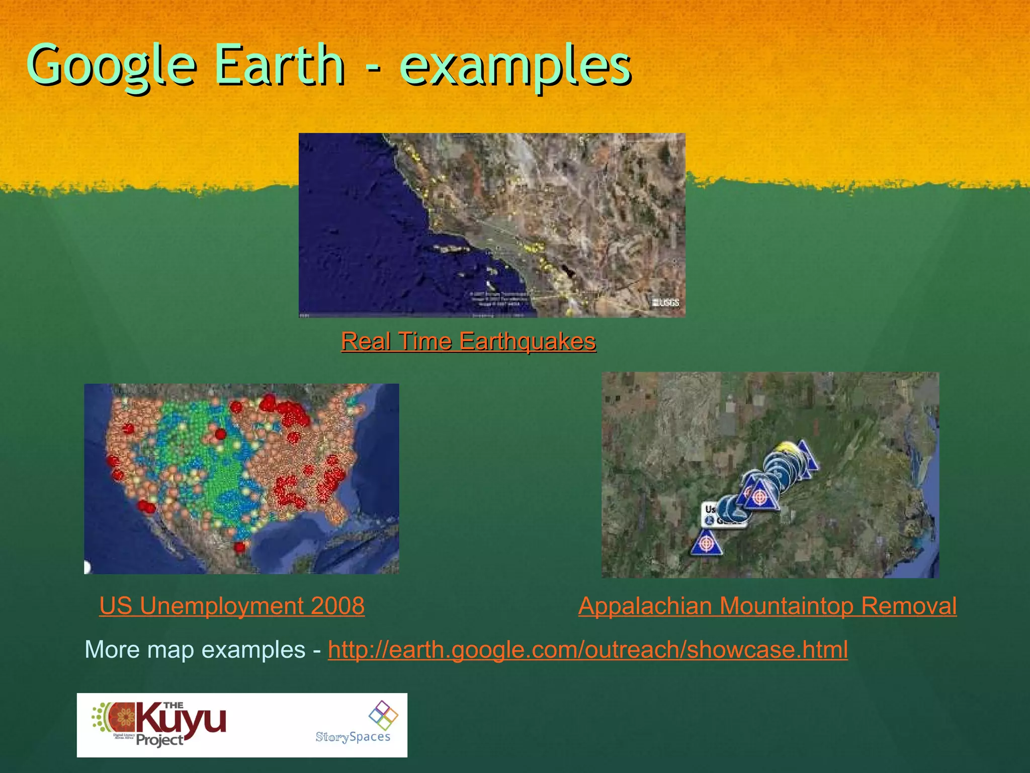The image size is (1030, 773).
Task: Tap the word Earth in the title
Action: pyautogui.click(x=280, y=65)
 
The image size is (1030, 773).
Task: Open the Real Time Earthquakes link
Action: pyautogui.click(x=468, y=342)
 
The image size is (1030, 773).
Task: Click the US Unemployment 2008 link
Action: pyautogui.click(x=232, y=606)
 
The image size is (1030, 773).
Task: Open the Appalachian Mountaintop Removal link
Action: pyautogui.click(x=767, y=606)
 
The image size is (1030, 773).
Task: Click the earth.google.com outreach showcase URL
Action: pyautogui.click(x=587, y=650)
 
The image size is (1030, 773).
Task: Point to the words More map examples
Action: pyautogui.click(x=195, y=650)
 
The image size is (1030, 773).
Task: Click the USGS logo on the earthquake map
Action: pyautogui.click(x=665, y=302)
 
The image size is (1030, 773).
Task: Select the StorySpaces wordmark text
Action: pyautogui.click(x=353, y=737)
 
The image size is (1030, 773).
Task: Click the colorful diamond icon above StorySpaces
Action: pyautogui.click(x=383, y=715)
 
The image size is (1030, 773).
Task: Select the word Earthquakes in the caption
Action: pyautogui.click(x=528, y=342)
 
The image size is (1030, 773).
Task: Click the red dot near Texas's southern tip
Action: pyautogui.click(x=240, y=547)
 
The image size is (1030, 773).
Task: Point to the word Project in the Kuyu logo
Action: pyautogui.click(x=159, y=740)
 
